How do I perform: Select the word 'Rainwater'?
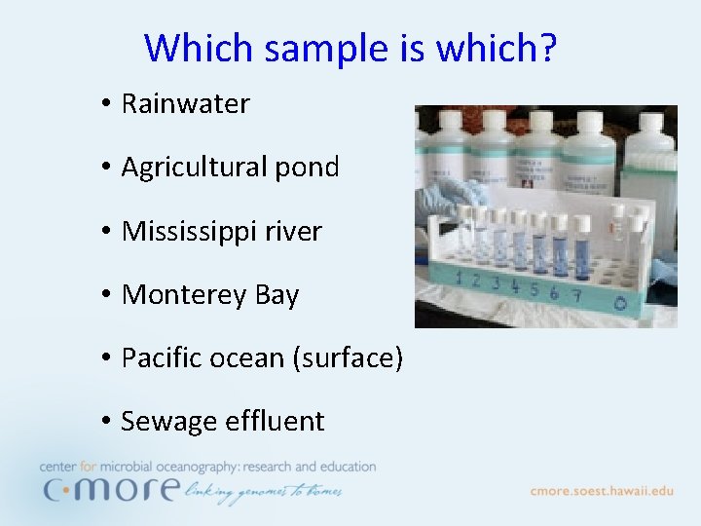tap(185, 103)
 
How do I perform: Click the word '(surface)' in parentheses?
tap(347, 358)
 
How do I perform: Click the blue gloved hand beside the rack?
tap(443, 200)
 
